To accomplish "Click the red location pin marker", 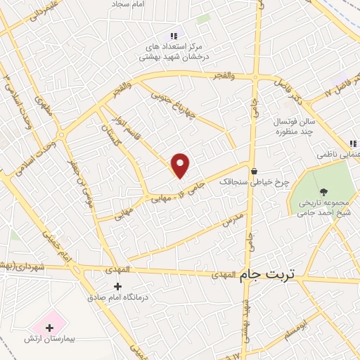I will tap(181, 165).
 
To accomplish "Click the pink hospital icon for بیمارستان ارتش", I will tap(49, 326).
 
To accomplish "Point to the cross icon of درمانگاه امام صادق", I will tap(117, 286).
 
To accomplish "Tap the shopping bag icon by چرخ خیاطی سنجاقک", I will tap(254, 170).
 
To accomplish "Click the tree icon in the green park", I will tap(323, 191).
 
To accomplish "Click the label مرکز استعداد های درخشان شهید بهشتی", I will tap(174, 51).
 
